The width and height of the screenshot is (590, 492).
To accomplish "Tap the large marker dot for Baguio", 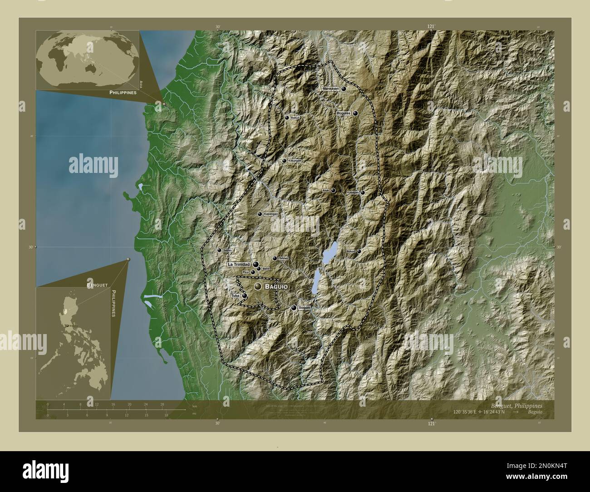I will pyautogui.click(x=258, y=286).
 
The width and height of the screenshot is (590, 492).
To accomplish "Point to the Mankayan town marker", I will pyautogui.click(x=344, y=89).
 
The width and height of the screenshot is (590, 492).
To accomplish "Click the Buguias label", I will pyautogui.click(x=344, y=113).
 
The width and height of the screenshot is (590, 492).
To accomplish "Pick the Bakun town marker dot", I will pyautogui.click(x=286, y=117).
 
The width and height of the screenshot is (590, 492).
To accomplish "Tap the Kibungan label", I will pyautogui.click(x=295, y=161).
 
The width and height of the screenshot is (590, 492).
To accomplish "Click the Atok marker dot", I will pyautogui.click(x=333, y=191).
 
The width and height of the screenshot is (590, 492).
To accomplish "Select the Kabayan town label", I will pyautogui.click(x=353, y=192).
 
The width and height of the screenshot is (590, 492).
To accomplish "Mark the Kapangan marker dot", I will pyautogui.click(x=260, y=214).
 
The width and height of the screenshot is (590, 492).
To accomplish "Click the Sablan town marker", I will pyautogui.click(x=219, y=250).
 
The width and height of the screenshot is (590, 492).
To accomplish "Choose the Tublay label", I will pyautogui.click(x=284, y=258).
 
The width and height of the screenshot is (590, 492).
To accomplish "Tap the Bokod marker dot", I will pyautogui.click(x=359, y=251).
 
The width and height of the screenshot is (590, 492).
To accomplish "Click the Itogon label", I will pyautogui.click(x=305, y=308).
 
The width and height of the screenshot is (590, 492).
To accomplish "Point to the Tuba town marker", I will pyautogui.click(x=245, y=295).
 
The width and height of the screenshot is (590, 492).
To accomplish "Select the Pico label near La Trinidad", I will pyautogui.click(x=246, y=272).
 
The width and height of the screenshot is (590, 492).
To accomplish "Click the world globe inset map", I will pyautogui.click(x=88, y=60).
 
